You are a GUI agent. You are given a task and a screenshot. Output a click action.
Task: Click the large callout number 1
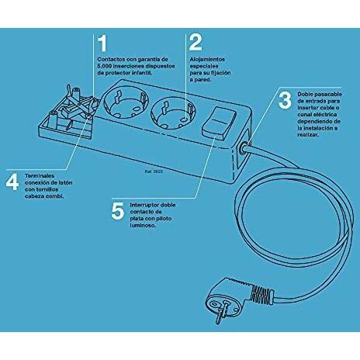click(103, 43)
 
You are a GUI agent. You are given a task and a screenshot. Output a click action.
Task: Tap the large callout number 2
click(196, 43)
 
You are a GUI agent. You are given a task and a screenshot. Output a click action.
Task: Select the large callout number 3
click(285, 100)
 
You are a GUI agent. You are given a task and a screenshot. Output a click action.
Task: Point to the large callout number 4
click(12, 182)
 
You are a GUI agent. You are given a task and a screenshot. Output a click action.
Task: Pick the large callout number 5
click(118, 210)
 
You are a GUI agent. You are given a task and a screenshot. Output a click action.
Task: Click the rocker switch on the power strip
click(220, 123)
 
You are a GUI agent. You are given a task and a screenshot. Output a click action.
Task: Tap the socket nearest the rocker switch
click(173, 115)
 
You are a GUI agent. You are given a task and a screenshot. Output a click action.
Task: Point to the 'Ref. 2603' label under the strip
click(154, 171)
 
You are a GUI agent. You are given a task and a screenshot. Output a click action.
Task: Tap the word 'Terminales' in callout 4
click(40, 176)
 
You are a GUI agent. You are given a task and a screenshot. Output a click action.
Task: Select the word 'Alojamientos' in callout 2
click(207, 60)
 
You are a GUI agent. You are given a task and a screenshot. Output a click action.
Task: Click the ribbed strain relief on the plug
click(262, 294)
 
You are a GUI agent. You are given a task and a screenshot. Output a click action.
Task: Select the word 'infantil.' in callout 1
click(142, 73)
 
